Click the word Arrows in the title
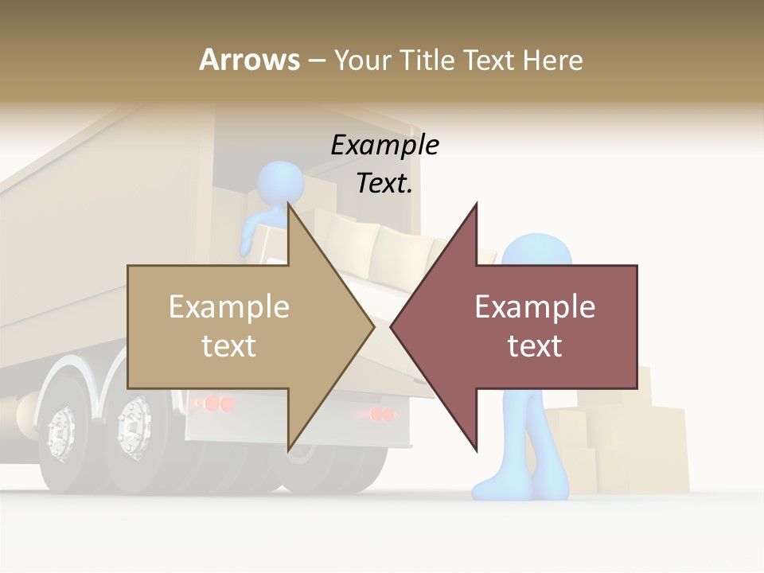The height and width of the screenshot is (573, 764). point(249,60)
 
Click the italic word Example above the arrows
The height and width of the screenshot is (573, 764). point(384,146)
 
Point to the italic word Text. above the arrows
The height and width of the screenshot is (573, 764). point(384,184)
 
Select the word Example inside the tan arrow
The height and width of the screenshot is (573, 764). point(229,307)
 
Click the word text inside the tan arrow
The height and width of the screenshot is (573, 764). point(229,345)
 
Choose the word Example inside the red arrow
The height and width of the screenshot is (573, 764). point(535,307)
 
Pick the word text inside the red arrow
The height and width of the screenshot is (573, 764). point(535,345)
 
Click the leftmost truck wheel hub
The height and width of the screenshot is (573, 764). point(61,434)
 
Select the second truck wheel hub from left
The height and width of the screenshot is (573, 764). point(134,428)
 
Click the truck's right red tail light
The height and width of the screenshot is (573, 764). point(382,415)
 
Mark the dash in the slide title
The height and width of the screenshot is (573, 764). point(316,60)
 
